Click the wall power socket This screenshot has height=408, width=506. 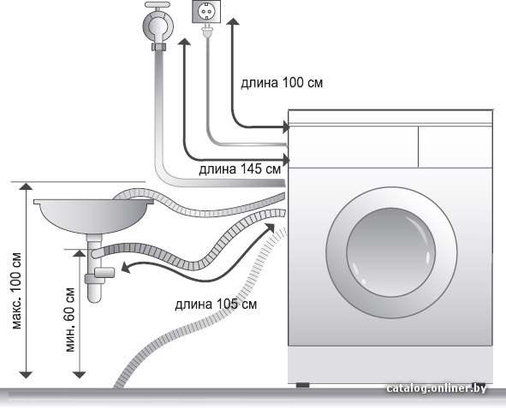point(206,12)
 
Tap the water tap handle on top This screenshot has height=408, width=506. point(158,5)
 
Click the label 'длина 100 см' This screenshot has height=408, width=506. point(282,83)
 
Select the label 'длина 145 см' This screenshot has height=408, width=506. point(240,169)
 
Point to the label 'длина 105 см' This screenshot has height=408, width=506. point(216,305)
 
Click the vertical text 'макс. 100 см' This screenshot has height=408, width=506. point(17,290)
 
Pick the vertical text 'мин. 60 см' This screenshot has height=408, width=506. point(69,319)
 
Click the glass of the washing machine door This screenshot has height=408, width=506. point(390,252)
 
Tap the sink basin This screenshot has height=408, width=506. point(93,216)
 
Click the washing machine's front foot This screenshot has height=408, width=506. point(303,385)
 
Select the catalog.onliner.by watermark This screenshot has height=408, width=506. point(437,388)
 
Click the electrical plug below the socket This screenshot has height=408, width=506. point(205,32)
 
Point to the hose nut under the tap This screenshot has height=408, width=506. point(158,47)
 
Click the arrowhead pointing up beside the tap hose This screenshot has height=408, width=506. point(184,41)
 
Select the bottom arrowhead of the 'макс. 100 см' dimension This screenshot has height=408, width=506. point(26,375)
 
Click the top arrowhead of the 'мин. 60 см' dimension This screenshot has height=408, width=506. point(79,253)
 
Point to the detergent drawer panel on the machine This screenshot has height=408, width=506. point(353,146)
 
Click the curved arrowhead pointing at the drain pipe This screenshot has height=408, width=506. point(126,268)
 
